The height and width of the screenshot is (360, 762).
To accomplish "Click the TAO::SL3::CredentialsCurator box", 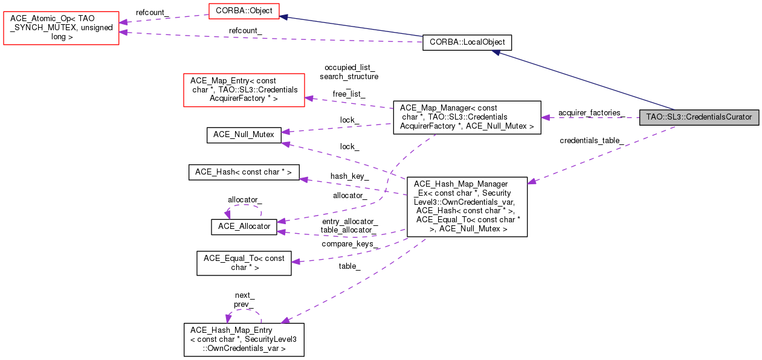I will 699,117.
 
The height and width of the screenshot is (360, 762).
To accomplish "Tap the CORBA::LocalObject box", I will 467,42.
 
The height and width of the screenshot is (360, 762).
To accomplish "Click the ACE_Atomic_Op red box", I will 61,28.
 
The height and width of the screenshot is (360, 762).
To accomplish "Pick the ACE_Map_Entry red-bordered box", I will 244,89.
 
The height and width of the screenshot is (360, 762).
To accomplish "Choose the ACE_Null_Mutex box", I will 244,135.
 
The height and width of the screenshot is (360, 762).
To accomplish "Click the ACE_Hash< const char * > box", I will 244,172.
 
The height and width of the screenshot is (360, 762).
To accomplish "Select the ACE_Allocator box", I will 244,227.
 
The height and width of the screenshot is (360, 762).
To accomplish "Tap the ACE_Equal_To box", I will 244,263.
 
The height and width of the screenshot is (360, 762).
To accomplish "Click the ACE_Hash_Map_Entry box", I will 244,339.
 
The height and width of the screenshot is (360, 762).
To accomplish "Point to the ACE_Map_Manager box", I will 467,117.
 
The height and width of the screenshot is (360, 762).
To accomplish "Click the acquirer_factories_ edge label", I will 590,113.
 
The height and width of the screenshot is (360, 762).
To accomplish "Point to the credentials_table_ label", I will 592,141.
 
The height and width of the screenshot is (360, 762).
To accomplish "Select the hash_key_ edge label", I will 349,176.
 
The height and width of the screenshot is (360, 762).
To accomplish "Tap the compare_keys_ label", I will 350,244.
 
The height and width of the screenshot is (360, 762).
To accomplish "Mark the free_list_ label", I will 349,94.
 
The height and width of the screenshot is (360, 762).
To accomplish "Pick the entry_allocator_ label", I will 350,222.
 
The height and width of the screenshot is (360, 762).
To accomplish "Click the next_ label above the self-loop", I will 245,295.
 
